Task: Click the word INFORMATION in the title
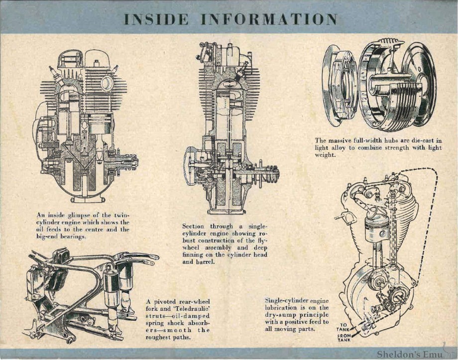pyautogui.click(x=269, y=19)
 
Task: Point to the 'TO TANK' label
pyautogui.click(x=343, y=327)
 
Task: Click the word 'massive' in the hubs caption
pyautogui.click(x=343, y=141)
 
